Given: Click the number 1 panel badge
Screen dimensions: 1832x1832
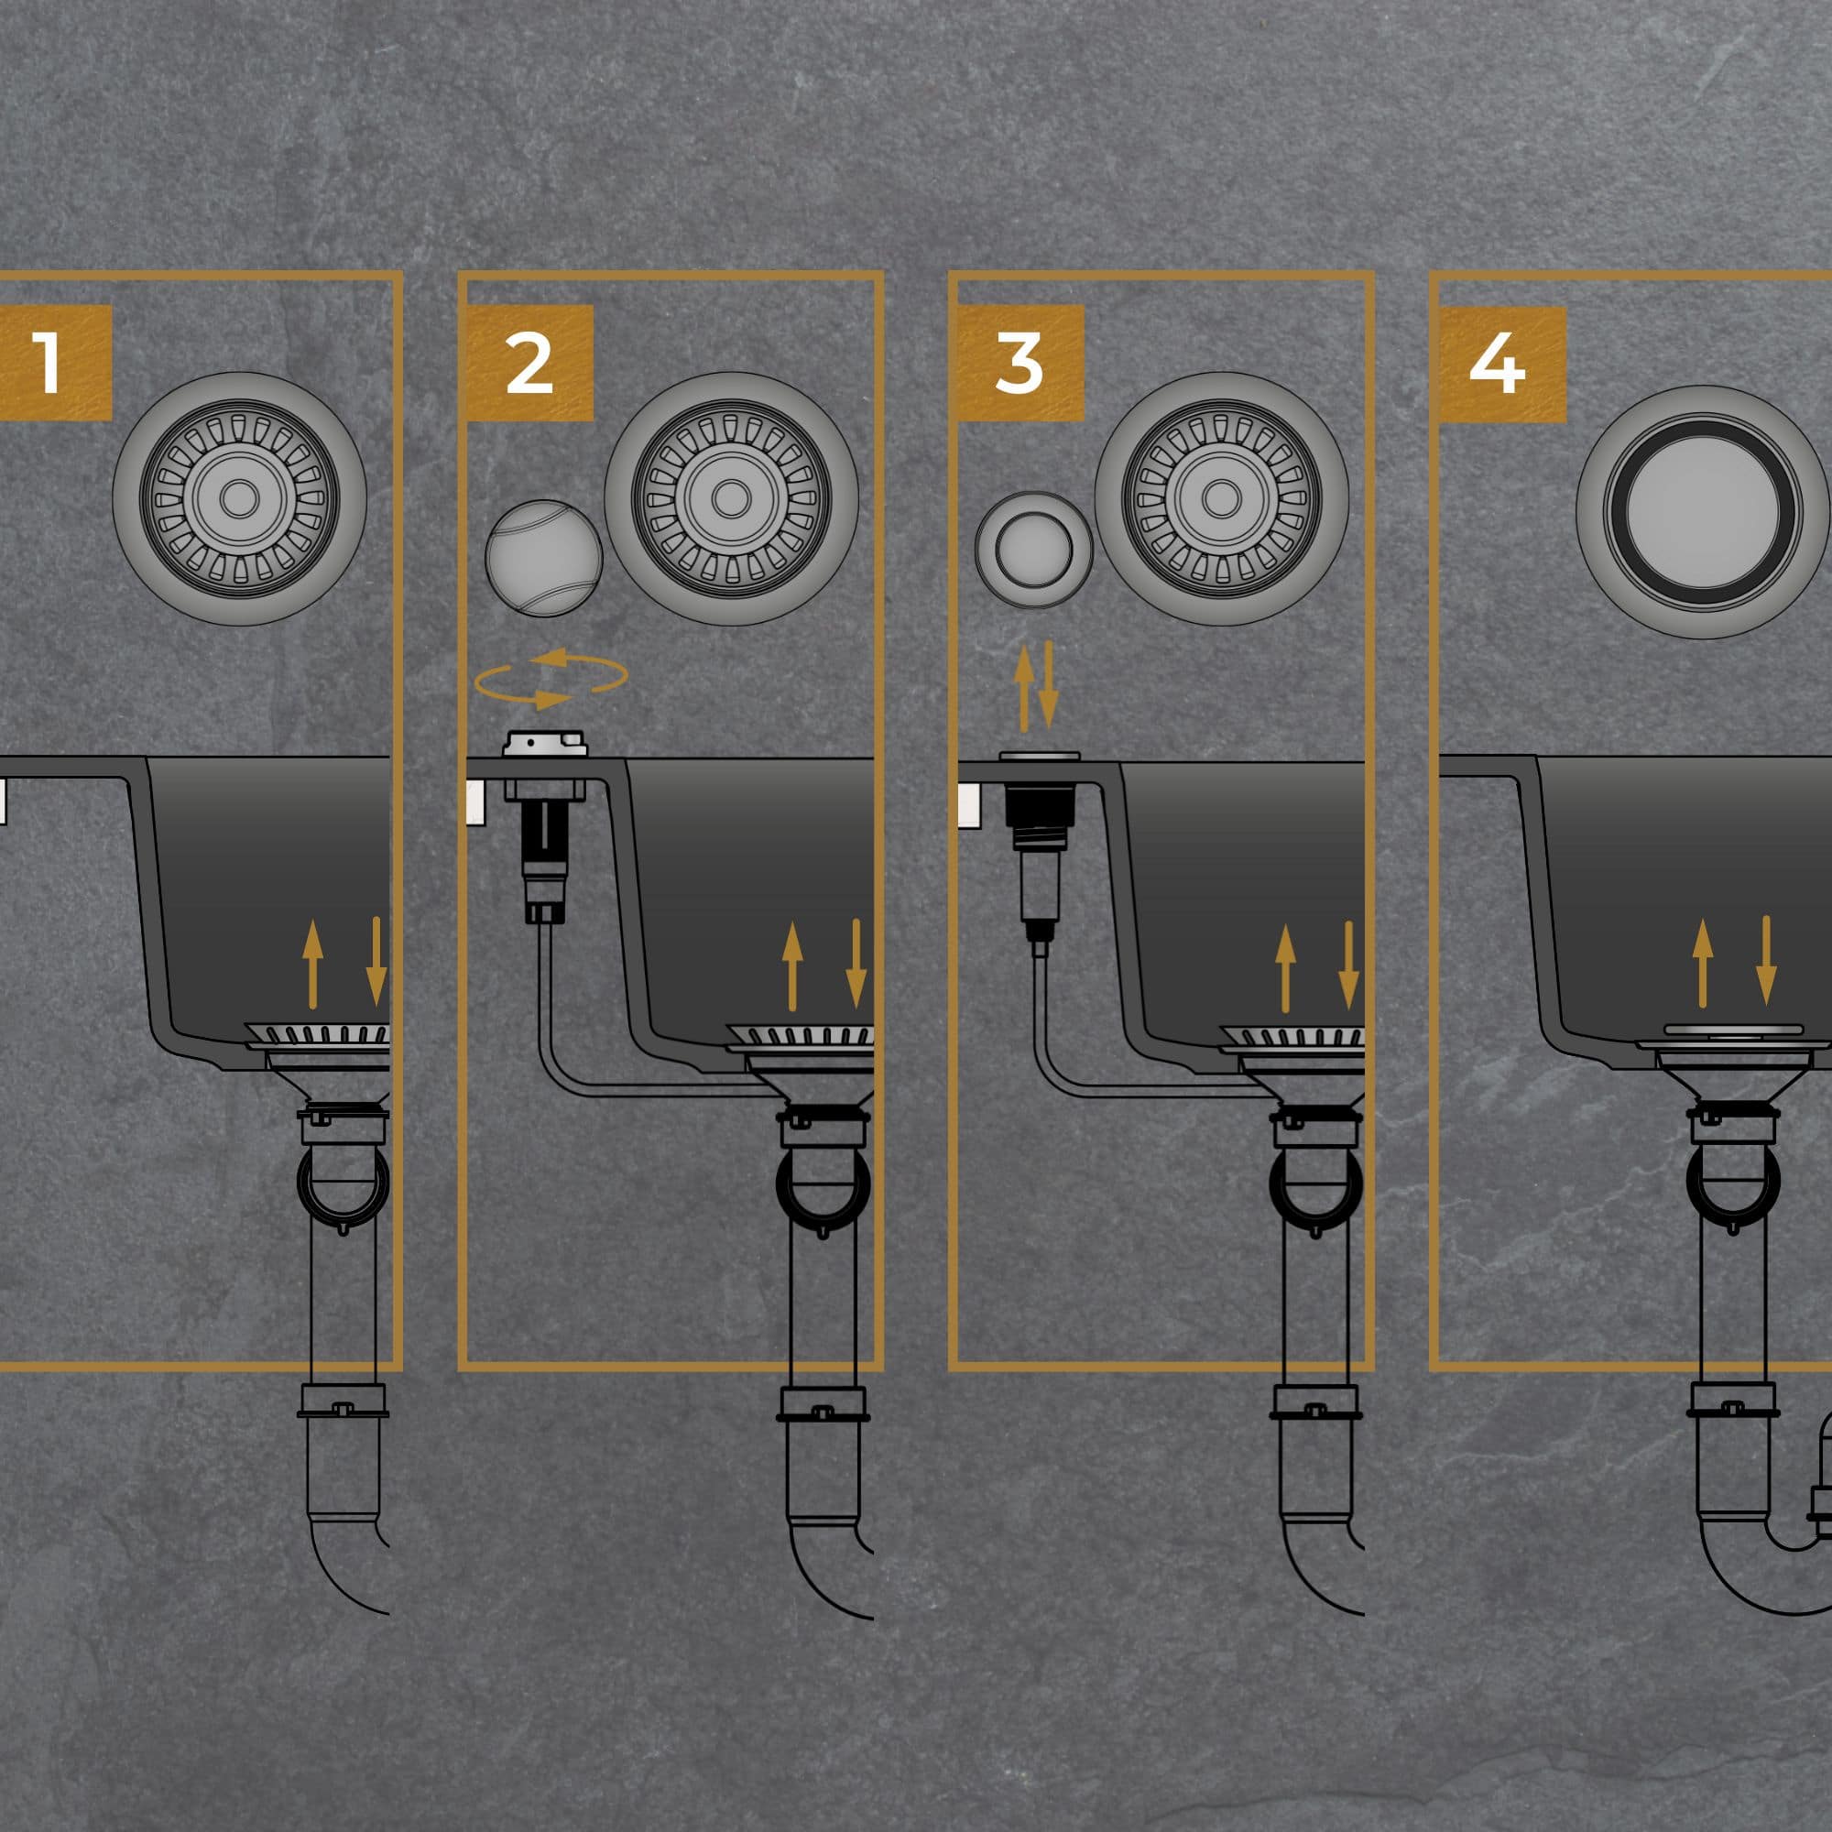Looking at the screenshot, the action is coord(55,362).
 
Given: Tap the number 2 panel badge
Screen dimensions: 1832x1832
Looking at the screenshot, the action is coord(529,362).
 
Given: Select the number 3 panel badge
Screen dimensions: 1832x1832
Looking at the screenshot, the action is coord(1020,362).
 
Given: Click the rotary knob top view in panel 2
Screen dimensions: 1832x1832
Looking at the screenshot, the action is coord(543,559).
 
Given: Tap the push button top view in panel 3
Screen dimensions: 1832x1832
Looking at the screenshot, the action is coord(1033,549).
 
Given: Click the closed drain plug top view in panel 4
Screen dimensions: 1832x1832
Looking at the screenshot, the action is coord(1702,512).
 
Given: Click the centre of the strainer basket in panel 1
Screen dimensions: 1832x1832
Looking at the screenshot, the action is coord(239,497).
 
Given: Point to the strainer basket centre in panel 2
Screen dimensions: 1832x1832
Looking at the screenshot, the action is coord(730,497).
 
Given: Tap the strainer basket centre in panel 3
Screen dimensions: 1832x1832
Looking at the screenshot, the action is coord(1221,497).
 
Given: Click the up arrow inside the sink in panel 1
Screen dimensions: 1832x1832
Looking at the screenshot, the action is coord(313,964).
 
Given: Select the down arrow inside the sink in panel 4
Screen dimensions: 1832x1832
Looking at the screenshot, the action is coord(1766,960).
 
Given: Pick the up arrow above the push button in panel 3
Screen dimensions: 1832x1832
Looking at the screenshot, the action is coord(1024,689).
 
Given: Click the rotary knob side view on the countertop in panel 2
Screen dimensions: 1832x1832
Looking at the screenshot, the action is coord(545,744).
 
